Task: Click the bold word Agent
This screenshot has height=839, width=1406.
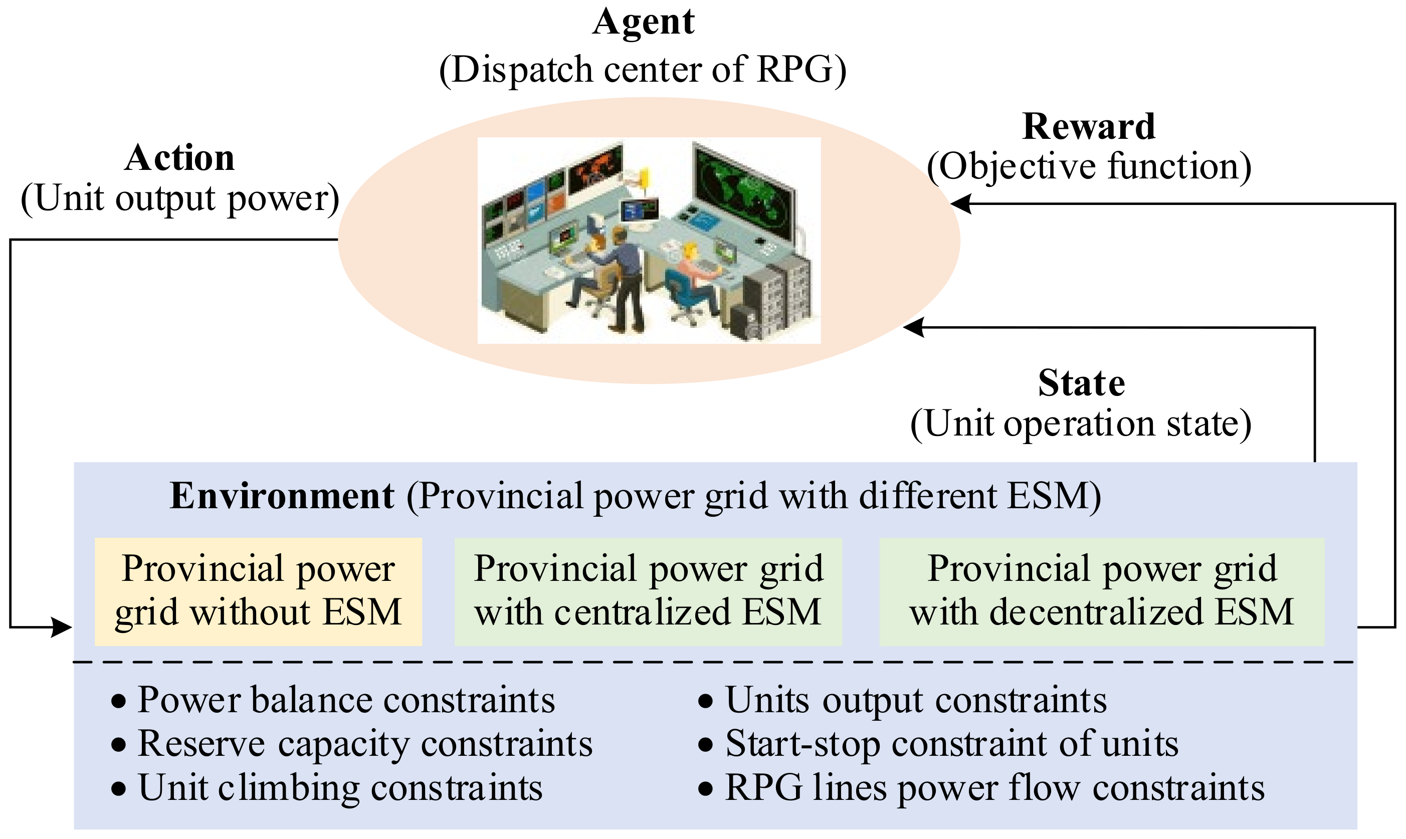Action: click(644, 23)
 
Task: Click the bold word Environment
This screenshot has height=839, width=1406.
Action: click(282, 496)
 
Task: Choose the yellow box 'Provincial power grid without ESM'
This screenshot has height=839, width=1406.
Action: click(258, 591)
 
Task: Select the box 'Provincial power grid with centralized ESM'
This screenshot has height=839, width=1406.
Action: click(648, 591)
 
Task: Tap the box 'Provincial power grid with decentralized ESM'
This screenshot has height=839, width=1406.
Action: click(1101, 591)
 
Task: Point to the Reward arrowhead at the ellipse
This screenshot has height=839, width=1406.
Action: click(960, 204)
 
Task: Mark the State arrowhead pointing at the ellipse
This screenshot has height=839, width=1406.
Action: click(914, 327)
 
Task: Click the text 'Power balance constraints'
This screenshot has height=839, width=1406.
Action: click(346, 700)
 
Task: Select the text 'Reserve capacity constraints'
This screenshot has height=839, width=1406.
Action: click(364, 743)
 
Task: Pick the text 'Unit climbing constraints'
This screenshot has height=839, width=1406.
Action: click(340, 787)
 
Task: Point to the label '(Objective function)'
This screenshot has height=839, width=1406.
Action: click(1089, 167)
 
